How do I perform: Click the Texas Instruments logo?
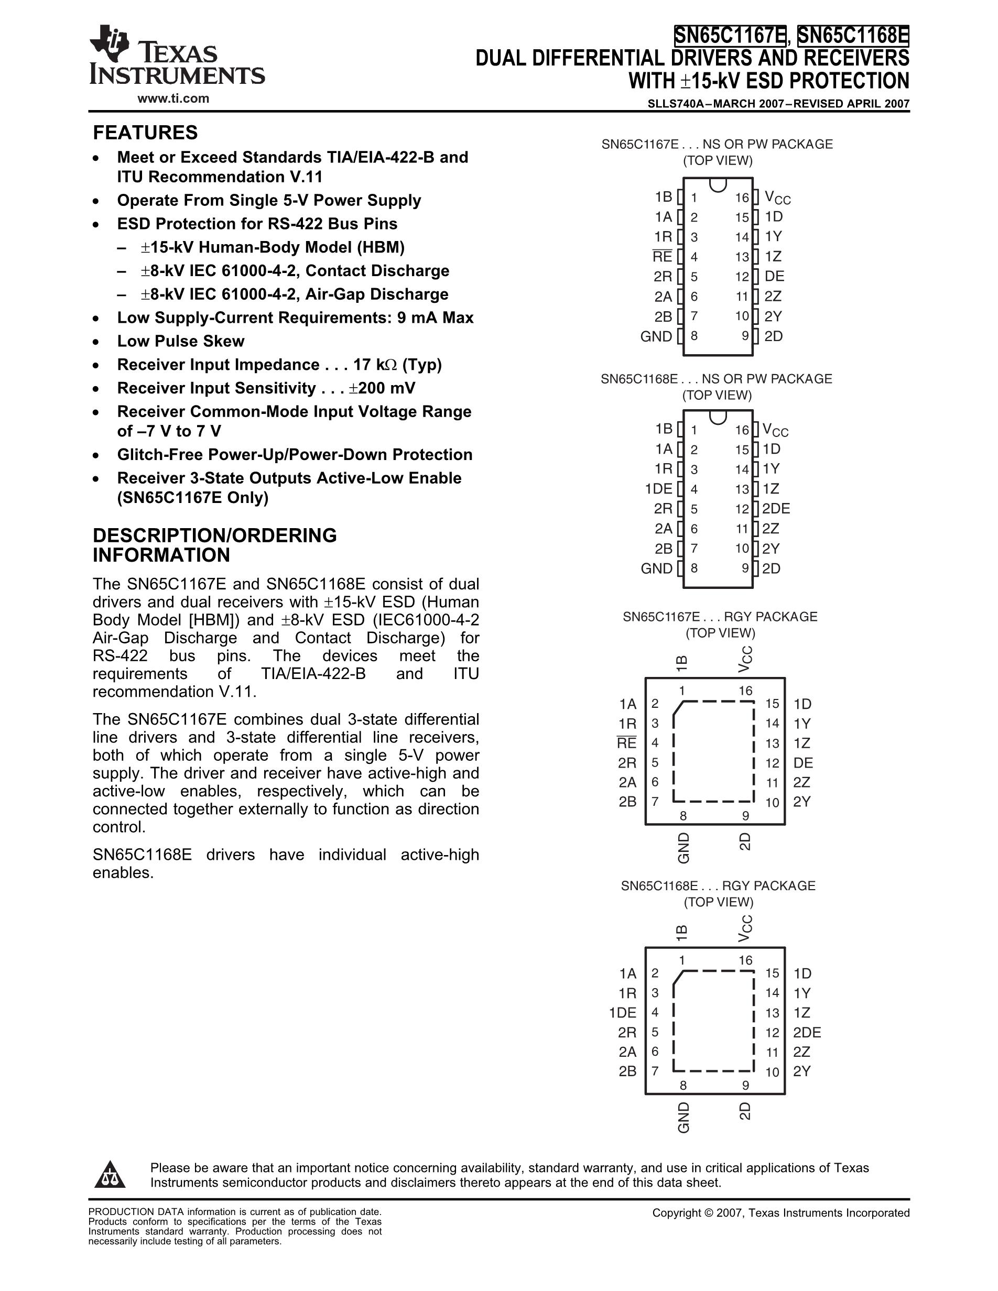(176, 56)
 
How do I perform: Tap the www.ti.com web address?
(173, 99)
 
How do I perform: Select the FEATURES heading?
(145, 133)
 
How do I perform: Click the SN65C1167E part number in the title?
(730, 36)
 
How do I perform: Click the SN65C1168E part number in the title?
(853, 36)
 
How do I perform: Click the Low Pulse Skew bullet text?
(180, 341)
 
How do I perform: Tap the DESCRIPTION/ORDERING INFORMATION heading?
(214, 545)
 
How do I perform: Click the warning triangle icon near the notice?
(110, 1175)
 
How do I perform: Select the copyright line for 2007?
(780, 1213)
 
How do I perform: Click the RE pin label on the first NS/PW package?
(662, 257)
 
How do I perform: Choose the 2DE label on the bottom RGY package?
(807, 1032)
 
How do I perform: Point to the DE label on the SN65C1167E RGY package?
(804, 762)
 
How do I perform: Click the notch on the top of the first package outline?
(718, 184)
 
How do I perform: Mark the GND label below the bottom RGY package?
(684, 1117)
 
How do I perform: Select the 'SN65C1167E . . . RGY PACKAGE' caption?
(720, 617)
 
